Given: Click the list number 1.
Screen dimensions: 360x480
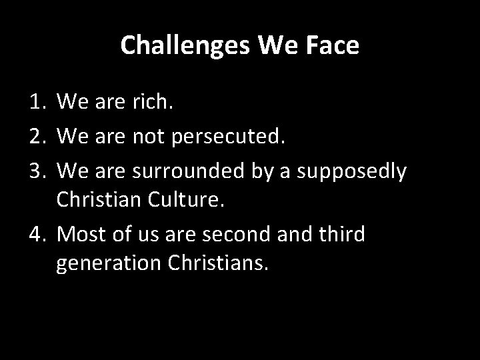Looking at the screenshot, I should (37, 101).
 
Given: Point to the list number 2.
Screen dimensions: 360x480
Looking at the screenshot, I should (37, 137).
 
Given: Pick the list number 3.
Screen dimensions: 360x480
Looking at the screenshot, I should (37, 171).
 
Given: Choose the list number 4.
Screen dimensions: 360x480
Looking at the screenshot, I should (37, 235).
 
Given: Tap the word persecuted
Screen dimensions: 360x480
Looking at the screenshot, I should (227, 137).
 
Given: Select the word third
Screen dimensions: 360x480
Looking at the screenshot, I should (339, 235).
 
